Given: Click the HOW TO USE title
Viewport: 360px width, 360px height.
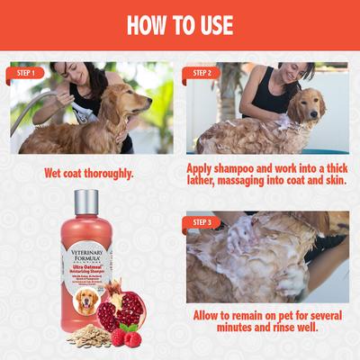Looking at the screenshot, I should click(180, 24).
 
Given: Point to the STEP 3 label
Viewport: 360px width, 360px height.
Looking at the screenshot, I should click(202, 220).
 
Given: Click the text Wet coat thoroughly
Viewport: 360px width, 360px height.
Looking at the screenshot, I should click(90, 172).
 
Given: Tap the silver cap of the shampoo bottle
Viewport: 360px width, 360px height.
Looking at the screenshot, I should click(86, 202).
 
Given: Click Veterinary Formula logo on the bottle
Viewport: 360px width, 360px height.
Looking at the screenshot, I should click(87, 254).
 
